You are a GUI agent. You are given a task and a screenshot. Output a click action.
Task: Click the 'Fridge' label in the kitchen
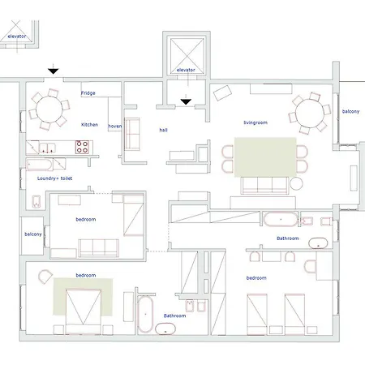tap(88, 93)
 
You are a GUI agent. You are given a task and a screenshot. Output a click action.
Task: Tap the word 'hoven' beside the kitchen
tap(115, 127)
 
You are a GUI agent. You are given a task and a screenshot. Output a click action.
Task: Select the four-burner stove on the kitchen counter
tap(82, 147)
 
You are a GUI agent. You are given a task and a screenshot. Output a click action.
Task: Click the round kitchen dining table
tap(49, 109)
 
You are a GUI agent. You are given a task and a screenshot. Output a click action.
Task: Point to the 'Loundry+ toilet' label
tap(54, 178)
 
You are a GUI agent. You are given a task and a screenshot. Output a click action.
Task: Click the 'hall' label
tap(163, 130)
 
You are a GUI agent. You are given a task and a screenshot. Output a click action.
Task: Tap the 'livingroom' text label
tap(255, 122)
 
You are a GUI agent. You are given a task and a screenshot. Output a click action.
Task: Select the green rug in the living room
tap(265, 157)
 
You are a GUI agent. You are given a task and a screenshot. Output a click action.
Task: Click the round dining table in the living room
tap(310, 113)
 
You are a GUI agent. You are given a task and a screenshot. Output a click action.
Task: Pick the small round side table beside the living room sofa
tap(296, 183)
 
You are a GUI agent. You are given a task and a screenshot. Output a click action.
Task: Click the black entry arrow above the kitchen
tap(54, 70)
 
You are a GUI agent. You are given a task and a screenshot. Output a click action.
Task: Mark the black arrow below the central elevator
tap(186, 101)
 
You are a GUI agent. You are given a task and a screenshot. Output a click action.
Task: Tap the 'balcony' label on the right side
tap(350, 111)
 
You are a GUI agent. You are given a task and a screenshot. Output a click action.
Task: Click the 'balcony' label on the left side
tap(33, 234)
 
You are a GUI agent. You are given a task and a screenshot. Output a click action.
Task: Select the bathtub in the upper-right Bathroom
tap(281, 219)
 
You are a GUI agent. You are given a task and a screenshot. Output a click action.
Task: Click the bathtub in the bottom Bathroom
tap(145, 314)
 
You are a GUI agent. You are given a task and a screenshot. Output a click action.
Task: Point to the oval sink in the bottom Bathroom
tap(165, 328)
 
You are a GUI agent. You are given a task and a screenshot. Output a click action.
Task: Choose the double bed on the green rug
tap(84, 311)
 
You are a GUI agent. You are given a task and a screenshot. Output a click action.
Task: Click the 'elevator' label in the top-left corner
tap(17, 36)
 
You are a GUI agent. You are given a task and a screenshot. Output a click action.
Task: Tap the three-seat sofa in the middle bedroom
tap(98, 248)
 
